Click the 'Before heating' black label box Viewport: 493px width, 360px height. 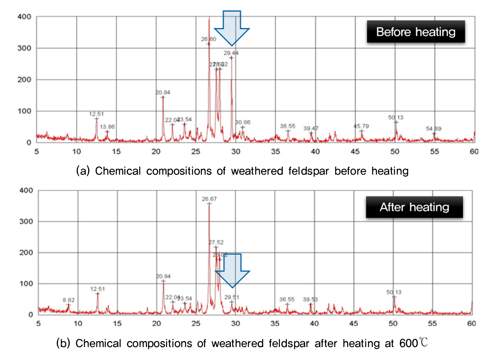[416, 32]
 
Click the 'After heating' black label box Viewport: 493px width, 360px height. [414, 207]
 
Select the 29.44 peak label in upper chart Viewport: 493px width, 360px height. [231, 53]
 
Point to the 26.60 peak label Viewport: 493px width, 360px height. [209, 39]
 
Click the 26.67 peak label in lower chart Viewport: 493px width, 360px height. [209, 199]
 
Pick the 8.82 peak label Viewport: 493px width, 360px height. [69, 300]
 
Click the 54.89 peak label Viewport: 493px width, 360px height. [434, 129]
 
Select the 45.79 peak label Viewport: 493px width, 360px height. [361, 126]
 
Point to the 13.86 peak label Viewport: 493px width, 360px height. [107, 127]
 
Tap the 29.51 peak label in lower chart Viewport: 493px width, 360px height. [232, 297]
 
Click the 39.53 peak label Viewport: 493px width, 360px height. [310, 299]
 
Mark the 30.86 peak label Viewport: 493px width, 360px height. [243, 122]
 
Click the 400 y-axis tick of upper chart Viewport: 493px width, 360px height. [24, 17]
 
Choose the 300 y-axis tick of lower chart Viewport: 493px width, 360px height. [26, 221]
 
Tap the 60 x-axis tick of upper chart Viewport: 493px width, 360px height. [474, 152]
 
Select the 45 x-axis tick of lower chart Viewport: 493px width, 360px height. [354, 323]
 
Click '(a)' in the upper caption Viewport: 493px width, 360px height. [83, 171]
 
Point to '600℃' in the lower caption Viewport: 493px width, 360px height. [413, 343]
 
